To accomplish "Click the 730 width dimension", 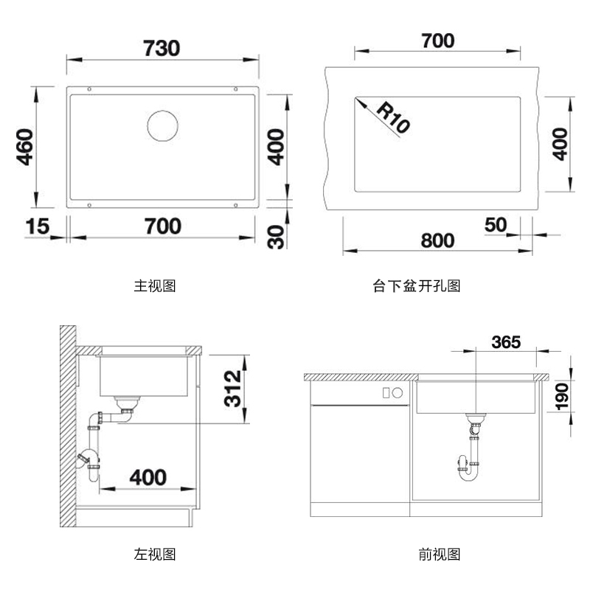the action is click(162, 48).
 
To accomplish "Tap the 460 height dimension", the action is click(24, 147).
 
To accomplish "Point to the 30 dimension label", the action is click(276, 236).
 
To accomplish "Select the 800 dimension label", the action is click(437, 241).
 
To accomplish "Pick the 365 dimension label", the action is click(506, 342).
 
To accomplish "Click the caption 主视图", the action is click(155, 285).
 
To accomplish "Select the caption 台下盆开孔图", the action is click(417, 286).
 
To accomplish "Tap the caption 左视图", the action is click(155, 554).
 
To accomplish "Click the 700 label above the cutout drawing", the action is click(437, 41).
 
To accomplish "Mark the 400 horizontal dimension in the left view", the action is click(147, 477).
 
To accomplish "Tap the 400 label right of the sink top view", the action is click(276, 147).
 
